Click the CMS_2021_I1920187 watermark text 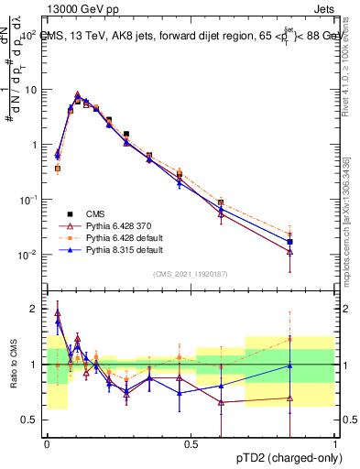[x=190, y=274]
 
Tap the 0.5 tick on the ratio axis [x=31, y=420]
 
